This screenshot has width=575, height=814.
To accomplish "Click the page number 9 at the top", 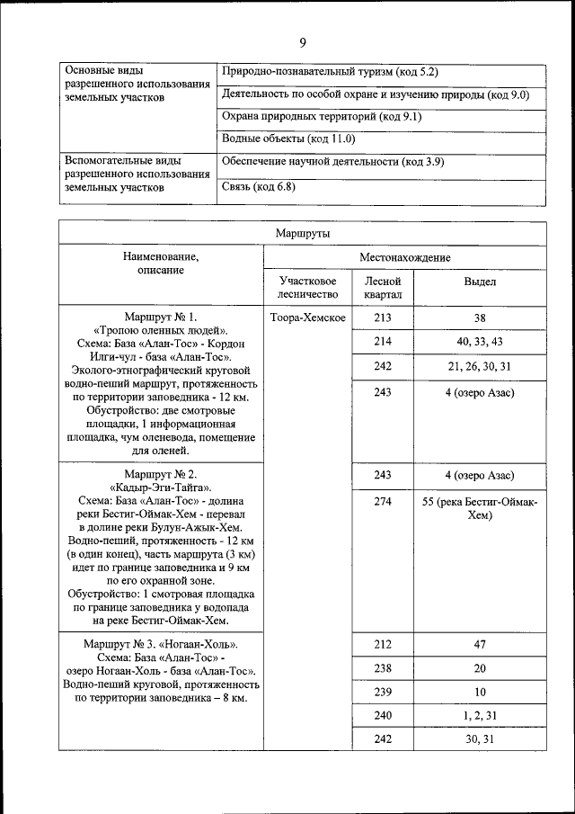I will [x=302, y=42].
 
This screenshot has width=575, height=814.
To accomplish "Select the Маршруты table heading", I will [x=302, y=233].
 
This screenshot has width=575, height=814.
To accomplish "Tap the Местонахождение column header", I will [x=404, y=257].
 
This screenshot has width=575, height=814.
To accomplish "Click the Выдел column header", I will [x=480, y=282].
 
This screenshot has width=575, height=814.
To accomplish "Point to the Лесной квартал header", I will [x=383, y=288].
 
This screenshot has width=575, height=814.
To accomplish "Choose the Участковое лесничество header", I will [x=308, y=288].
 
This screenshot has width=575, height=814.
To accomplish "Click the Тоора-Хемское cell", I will [x=308, y=318].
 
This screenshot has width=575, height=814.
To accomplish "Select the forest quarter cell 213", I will [x=383, y=318].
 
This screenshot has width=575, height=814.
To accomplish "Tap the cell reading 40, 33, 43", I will [x=480, y=342].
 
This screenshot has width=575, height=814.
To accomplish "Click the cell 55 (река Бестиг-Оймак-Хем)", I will [x=480, y=508].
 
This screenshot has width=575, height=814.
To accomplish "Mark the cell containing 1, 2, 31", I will [x=480, y=714].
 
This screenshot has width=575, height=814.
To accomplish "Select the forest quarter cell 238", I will [x=383, y=668].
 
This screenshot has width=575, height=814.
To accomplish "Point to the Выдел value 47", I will [x=480, y=645].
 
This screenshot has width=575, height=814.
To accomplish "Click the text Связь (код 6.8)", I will [x=258, y=187].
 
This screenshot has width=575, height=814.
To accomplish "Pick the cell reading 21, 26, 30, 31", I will [x=480, y=366].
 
